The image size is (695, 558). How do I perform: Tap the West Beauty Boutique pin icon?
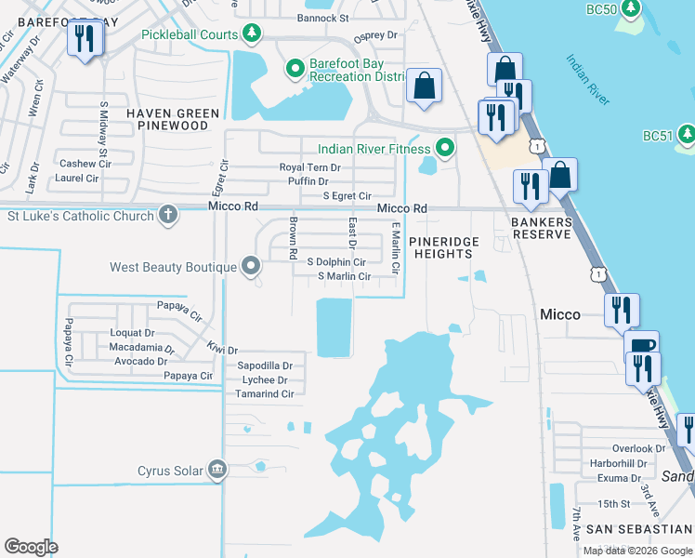(x=251, y=267)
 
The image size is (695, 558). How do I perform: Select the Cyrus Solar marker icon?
(x=217, y=470)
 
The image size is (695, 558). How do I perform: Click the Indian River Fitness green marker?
(x=445, y=148)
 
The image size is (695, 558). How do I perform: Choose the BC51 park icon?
(x=686, y=135)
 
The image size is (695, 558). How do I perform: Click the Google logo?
(x=31, y=547)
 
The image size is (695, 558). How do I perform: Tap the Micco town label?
(x=560, y=314)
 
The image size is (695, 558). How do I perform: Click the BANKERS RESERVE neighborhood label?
(x=541, y=228)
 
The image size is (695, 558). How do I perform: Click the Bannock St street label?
(x=322, y=18)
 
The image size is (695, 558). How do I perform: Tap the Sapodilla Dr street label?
(x=265, y=366)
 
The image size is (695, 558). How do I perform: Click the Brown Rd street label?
(x=293, y=239)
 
